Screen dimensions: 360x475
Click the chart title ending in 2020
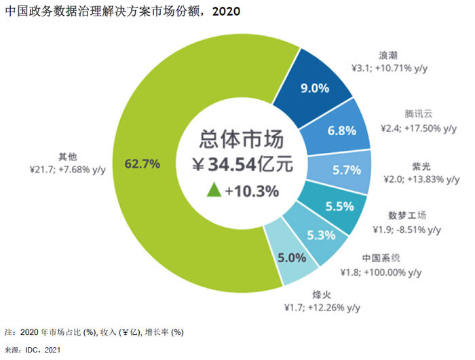(122, 12)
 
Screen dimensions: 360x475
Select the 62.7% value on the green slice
(142, 163)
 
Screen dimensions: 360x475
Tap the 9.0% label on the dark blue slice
(315, 88)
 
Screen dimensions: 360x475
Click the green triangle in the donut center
(212, 191)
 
